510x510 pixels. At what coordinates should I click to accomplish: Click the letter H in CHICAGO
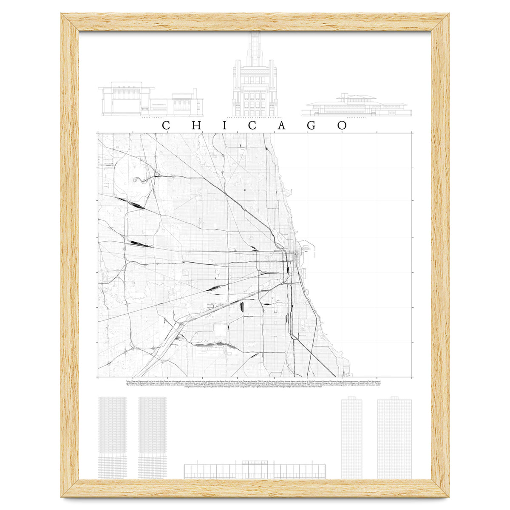coord(195,126)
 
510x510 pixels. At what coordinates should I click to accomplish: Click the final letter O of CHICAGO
coord(342,126)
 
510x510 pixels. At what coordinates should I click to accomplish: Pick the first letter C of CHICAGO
coord(167,126)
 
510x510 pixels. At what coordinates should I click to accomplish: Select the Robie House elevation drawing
coord(356,106)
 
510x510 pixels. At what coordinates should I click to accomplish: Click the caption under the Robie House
coord(356,118)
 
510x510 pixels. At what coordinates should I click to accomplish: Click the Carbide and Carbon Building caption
coord(254,118)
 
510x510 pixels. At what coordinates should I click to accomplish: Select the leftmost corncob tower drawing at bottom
coord(113,438)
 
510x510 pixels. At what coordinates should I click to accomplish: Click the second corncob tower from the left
coord(153,438)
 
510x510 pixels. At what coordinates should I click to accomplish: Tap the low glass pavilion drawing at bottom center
coord(255,470)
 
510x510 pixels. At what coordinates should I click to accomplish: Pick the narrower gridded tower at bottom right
coord(351,438)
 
